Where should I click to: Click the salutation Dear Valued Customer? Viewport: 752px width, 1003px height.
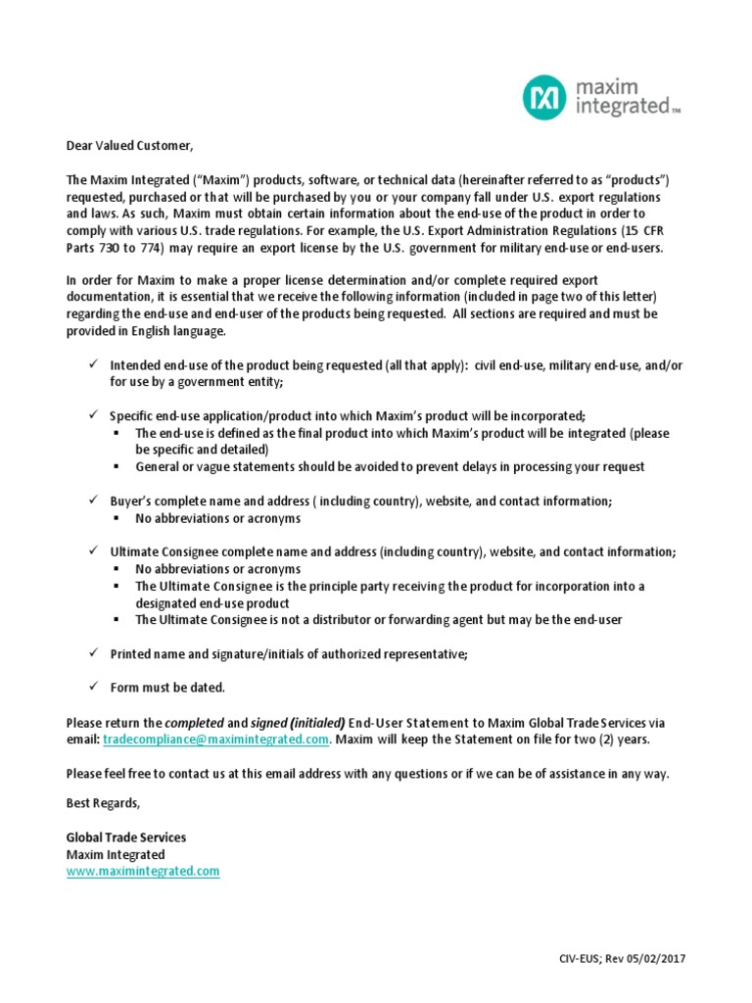129,146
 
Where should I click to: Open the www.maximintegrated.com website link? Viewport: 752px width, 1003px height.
142,870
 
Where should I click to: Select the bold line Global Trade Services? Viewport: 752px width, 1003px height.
125,837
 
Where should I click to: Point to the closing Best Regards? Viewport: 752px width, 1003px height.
103,803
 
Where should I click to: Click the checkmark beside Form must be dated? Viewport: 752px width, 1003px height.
90,686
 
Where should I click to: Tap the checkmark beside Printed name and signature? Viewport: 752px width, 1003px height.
90,652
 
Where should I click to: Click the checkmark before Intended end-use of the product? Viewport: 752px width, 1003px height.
90,364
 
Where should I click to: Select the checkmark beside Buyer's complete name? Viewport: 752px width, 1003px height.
90,501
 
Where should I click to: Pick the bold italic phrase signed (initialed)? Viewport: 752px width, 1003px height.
299,722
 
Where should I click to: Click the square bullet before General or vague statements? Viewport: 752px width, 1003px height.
116,466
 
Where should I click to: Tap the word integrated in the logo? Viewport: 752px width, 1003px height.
622,105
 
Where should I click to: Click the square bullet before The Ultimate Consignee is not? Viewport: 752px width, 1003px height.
116,619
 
